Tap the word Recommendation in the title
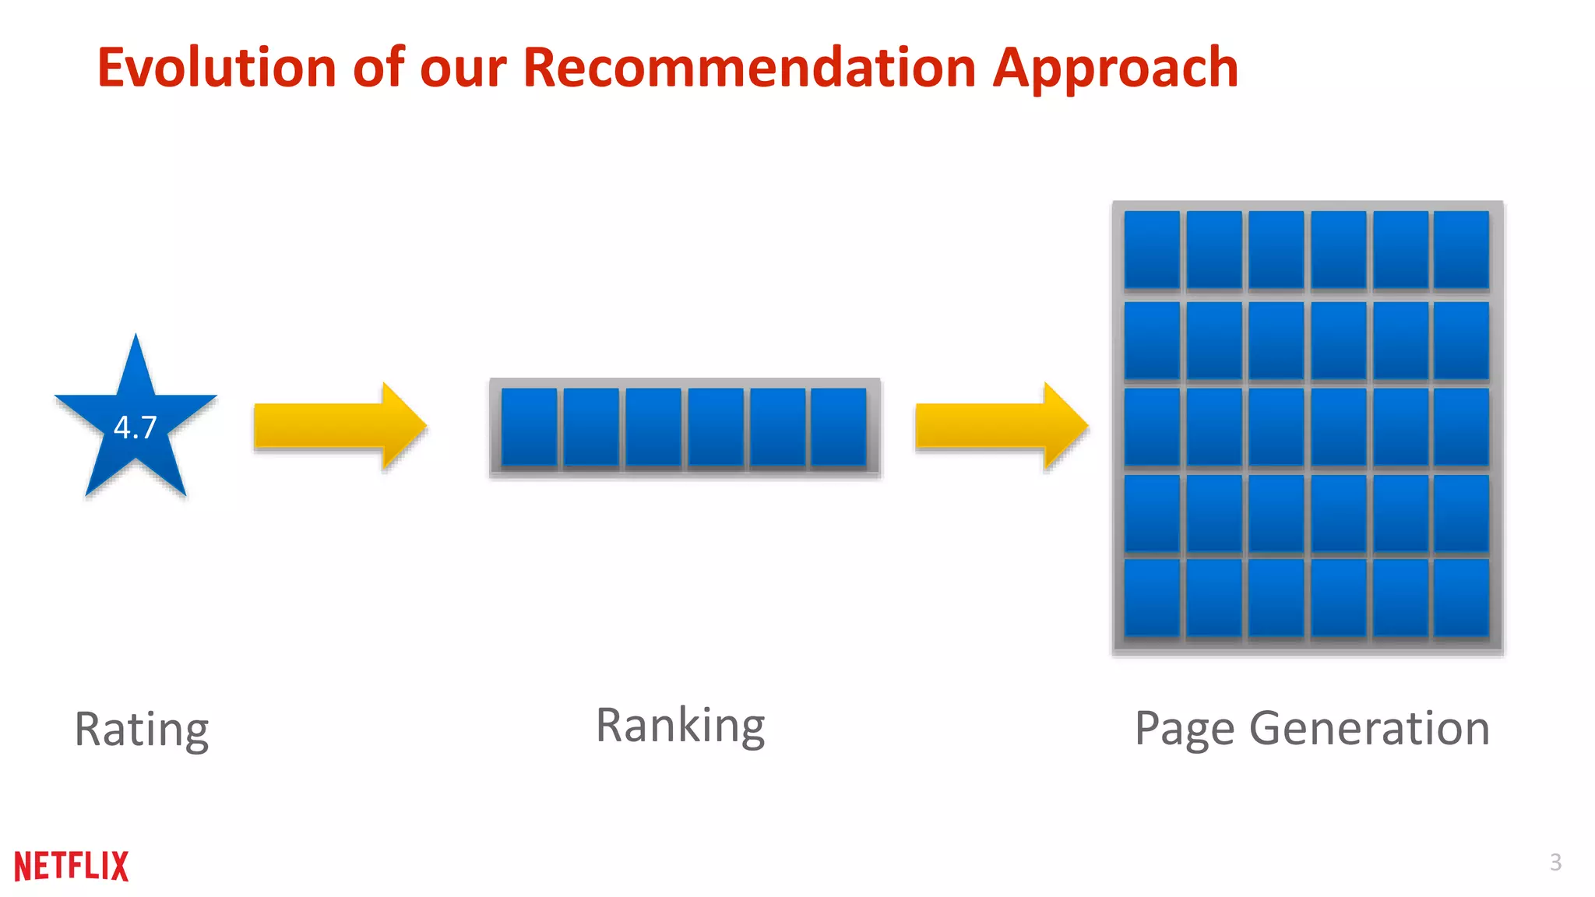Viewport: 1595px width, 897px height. click(749, 68)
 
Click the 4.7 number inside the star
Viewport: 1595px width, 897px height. click(136, 427)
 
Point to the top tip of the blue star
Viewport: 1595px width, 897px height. click(136, 337)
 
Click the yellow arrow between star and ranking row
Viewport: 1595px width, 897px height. click(340, 426)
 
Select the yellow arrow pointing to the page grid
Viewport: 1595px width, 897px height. click(1001, 426)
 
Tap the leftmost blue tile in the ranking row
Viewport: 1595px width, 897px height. click(529, 427)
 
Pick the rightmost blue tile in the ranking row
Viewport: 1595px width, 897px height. click(838, 427)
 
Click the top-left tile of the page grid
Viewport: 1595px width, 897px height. click(1152, 250)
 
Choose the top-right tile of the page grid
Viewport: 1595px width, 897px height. click(1461, 250)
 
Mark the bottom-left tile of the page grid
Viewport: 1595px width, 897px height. click(1152, 598)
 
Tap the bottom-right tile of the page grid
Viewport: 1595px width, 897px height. click(1461, 598)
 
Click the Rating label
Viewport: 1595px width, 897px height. click(142, 729)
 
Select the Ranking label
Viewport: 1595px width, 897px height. click(681, 726)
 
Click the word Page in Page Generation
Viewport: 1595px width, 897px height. click(1185, 729)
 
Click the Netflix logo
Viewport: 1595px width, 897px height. click(72, 866)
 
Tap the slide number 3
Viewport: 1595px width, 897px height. click(1555, 862)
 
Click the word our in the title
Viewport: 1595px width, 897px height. click(463, 68)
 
